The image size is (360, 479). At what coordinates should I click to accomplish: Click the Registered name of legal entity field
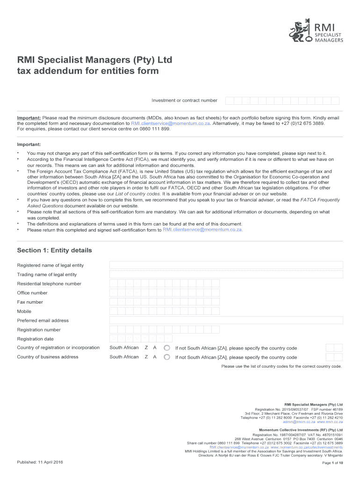pyautogui.click(x=226, y=265)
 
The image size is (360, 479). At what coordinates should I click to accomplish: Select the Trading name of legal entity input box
pyautogui.click(x=226, y=275)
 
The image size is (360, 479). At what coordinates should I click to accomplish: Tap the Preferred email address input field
pyautogui.click(x=226, y=320)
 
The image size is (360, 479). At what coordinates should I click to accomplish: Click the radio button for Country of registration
pyautogui.click(x=167, y=348)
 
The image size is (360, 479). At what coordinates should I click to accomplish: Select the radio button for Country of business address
pyautogui.click(x=167, y=357)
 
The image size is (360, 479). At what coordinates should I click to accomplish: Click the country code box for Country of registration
pyautogui.click(x=334, y=348)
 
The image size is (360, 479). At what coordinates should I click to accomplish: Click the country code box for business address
pyautogui.click(x=334, y=357)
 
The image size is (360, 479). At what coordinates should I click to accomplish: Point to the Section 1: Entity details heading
pyautogui.click(x=54, y=250)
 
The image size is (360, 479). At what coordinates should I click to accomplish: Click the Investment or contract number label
pyautogui.click(x=184, y=101)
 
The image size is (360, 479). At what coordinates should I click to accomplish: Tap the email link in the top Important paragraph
pyautogui.click(x=170, y=123)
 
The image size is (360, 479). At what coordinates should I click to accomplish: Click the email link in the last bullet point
pyautogui.click(x=202, y=230)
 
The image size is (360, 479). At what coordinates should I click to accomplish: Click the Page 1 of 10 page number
pyautogui.click(x=333, y=463)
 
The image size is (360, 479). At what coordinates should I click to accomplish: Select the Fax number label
pyautogui.click(x=30, y=302)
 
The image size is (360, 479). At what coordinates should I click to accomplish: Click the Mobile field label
pyautogui.click(x=24, y=311)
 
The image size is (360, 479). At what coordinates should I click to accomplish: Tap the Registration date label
pyautogui.click(x=35, y=339)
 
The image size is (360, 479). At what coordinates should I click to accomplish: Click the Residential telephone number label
pyautogui.click(x=49, y=284)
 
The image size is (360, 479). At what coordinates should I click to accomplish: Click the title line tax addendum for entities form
pyautogui.click(x=88, y=71)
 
